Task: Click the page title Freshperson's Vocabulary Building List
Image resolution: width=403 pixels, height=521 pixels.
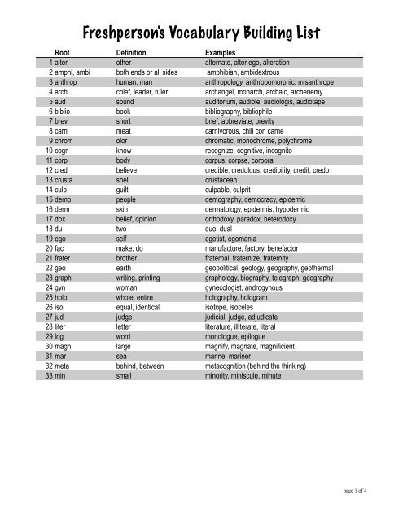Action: pos(201,33)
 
